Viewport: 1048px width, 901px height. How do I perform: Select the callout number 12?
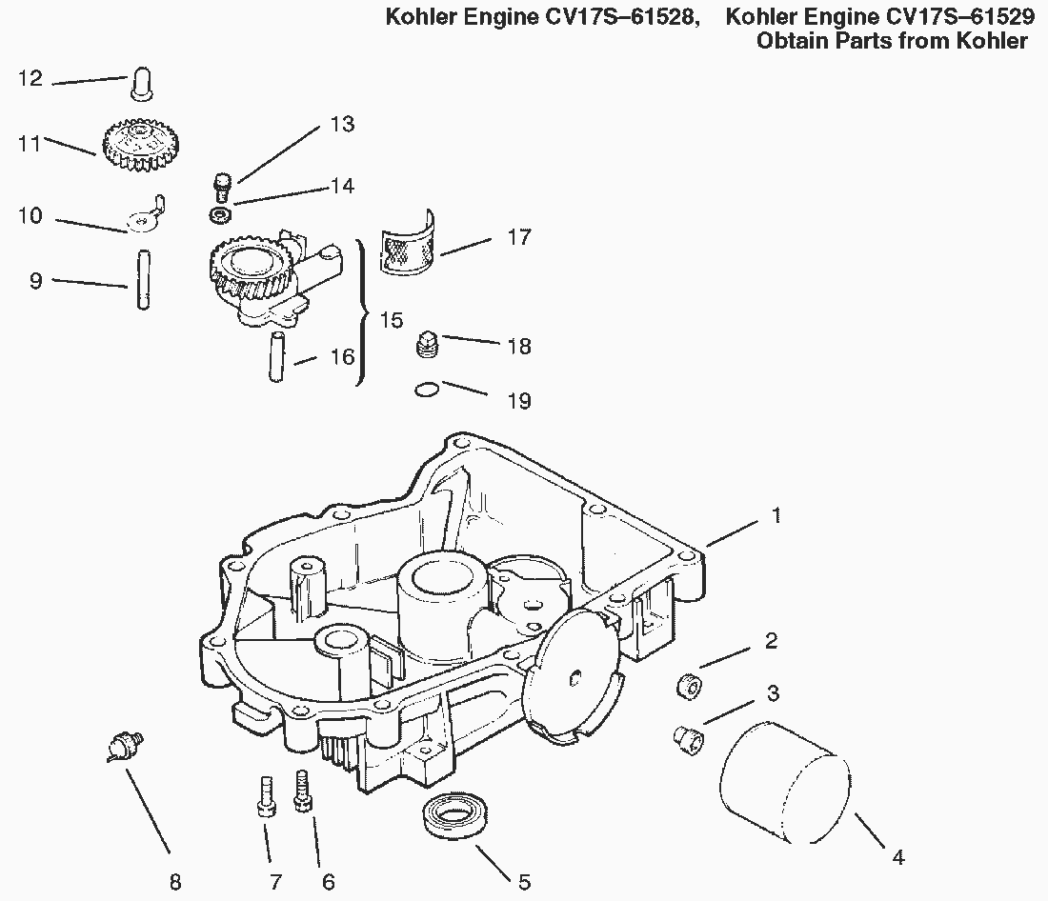pos(31,78)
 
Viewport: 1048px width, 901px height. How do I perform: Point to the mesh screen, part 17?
pos(407,247)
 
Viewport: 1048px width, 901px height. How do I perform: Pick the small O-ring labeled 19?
pos(428,388)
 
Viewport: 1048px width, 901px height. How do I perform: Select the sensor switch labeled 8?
pos(122,745)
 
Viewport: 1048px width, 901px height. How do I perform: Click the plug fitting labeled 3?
pos(685,735)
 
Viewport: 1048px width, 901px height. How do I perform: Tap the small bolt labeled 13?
pos(221,183)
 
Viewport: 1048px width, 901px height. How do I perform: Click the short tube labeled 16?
pos(276,356)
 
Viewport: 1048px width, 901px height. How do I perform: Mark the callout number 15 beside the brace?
pos(392,320)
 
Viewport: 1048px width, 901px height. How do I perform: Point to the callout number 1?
pos(776,515)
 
